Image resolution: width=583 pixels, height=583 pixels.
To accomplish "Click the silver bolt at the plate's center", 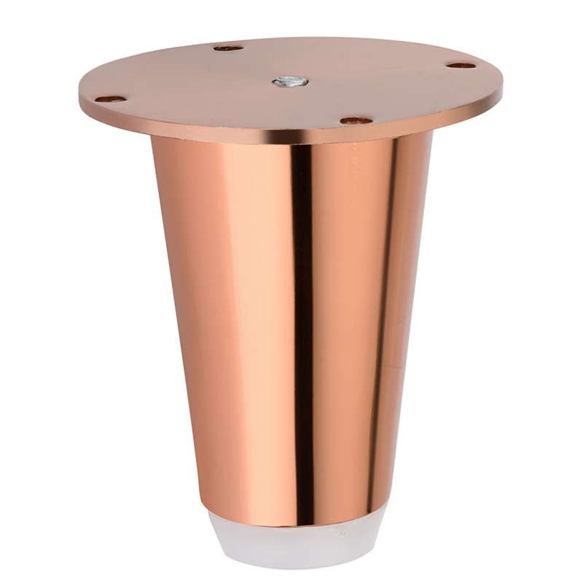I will pyautogui.click(x=290, y=81).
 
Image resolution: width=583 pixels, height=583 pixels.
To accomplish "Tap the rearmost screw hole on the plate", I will pyautogui.click(x=228, y=48).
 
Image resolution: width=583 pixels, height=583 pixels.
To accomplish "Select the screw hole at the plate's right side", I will pyautogui.click(x=461, y=65).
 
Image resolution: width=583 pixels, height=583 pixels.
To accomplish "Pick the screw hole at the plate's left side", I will pyautogui.click(x=110, y=98).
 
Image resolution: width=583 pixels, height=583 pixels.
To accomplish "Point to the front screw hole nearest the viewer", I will pyautogui.click(x=356, y=120).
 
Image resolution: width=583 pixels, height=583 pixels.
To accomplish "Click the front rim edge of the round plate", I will pyautogui.click(x=291, y=138).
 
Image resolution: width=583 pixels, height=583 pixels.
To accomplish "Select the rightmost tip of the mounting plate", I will pyautogui.click(x=502, y=87).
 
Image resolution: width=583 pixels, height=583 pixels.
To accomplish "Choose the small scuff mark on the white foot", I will pyautogui.click(x=337, y=532).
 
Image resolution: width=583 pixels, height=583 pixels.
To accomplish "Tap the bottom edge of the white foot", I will pyautogui.click(x=295, y=566).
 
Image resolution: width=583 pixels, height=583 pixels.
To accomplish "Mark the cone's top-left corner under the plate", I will pyautogui.click(x=152, y=138).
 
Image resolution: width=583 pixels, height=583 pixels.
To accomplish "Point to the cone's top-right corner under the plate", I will pyautogui.click(x=431, y=133).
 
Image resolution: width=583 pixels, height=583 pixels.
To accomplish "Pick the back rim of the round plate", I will pyautogui.click(x=291, y=39).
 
